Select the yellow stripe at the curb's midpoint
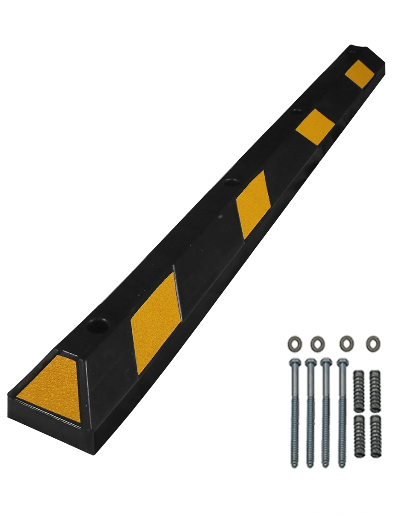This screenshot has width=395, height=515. coord(251,204)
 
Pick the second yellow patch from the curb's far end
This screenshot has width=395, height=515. coord(315,126)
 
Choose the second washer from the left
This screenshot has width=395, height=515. coord(317,343)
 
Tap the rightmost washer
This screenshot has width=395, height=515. coord(373,343)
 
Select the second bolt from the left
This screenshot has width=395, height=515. coord(310,414)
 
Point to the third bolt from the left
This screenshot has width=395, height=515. coord(326,414)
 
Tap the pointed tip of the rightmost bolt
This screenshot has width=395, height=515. coord(342,465)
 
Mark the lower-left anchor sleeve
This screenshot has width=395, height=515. coord(359,436)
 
